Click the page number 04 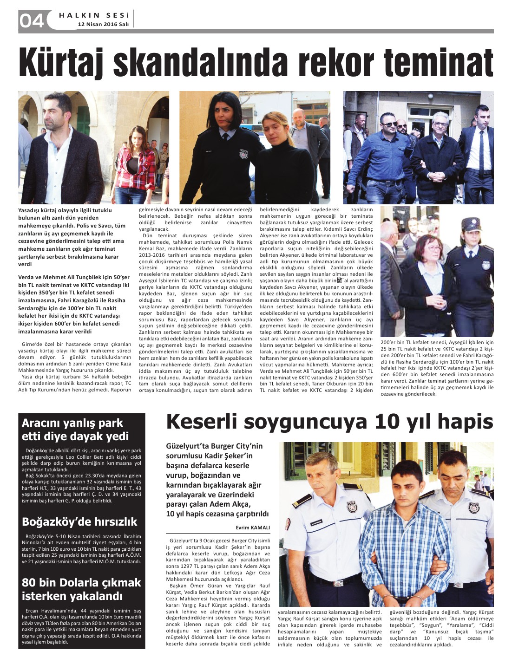[x=31, y=20]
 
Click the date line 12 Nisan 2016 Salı [x=103, y=24]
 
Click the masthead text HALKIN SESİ [x=94, y=15]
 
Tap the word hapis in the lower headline [x=465, y=422]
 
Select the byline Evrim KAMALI [x=253, y=528]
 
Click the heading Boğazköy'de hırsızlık [x=80, y=521]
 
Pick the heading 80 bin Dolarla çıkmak [x=81, y=583]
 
